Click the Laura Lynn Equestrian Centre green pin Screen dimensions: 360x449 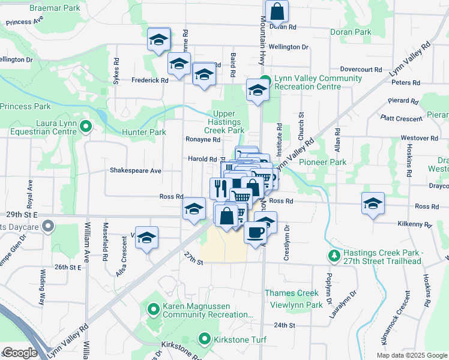tap(85, 126)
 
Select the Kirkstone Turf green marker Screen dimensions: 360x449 tap(205, 340)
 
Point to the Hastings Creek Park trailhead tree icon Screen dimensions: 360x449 tap(334, 256)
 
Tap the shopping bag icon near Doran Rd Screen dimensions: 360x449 tap(277, 11)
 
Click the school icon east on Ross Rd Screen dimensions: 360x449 tap(373, 203)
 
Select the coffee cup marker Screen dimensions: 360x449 tap(255, 231)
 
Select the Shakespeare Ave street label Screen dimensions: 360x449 tap(135, 170)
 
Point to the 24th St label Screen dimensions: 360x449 tap(285, 325)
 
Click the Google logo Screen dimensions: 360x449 tap(19, 353)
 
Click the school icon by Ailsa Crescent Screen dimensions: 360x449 tap(146, 238)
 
